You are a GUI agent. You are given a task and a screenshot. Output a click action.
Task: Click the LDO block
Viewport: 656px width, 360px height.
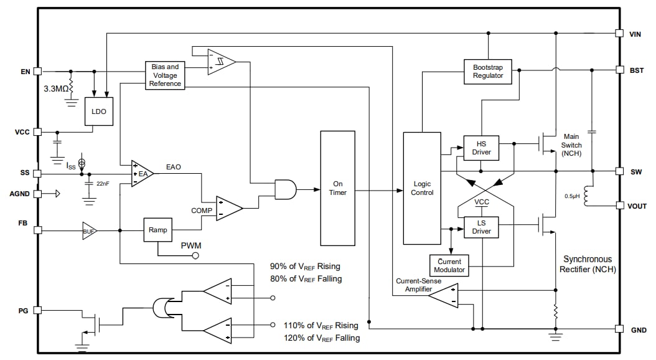(x=99, y=111)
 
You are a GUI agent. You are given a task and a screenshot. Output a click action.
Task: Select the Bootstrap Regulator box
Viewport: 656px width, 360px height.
(x=487, y=72)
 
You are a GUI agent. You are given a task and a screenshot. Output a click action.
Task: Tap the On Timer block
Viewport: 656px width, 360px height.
(x=337, y=188)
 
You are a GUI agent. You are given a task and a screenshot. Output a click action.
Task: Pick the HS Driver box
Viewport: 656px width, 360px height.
(x=481, y=148)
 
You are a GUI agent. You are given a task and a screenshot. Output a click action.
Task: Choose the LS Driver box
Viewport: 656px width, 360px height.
(x=481, y=227)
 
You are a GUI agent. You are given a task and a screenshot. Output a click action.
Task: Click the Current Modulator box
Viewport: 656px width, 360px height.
(x=449, y=265)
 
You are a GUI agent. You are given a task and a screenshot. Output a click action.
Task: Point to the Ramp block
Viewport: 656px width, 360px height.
(x=157, y=230)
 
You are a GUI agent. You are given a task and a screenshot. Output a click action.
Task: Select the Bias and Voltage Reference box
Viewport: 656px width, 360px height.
(x=165, y=75)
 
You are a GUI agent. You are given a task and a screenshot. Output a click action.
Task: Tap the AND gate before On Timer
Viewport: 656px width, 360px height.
(x=284, y=189)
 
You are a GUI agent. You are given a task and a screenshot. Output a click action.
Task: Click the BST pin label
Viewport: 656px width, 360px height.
(x=637, y=70)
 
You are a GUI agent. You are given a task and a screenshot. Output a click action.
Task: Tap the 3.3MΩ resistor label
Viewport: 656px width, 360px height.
(x=56, y=88)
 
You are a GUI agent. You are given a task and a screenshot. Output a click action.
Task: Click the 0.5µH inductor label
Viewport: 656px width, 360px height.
(x=572, y=196)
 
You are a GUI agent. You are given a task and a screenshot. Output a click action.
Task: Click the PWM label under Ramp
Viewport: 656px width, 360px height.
(x=191, y=245)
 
